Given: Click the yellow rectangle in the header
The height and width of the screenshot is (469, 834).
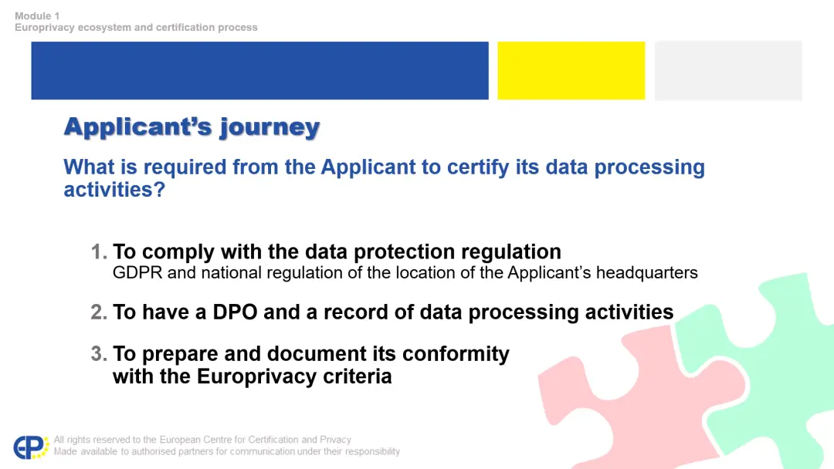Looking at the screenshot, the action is click(x=571, y=71).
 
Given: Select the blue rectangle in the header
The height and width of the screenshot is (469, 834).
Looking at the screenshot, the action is click(x=259, y=71).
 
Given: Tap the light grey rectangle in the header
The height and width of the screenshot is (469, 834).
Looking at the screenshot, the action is click(x=728, y=71).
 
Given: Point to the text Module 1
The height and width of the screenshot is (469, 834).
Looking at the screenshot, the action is click(x=37, y=16).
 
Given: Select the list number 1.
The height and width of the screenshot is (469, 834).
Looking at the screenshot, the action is click(x=98, y=251).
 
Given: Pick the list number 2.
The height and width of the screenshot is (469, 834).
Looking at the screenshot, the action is click(x=99, y=312).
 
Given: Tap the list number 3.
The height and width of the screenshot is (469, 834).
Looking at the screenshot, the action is click(x=99, y=354).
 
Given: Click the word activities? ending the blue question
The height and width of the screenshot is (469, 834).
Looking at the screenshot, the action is click(x=114, y=190).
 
